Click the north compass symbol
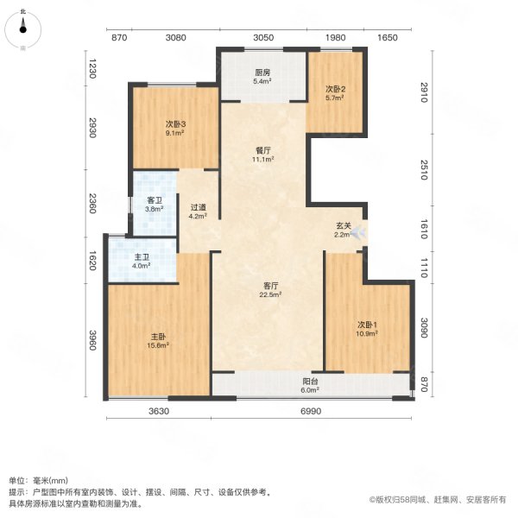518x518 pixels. tap(23, 28)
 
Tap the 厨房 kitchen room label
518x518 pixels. tap(262, 73)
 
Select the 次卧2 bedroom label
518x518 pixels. tap(335, 89)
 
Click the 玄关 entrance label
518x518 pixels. tap(343, 226)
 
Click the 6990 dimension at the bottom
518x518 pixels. tap(311, 412)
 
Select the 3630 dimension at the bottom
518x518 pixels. tap(158, 412)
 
